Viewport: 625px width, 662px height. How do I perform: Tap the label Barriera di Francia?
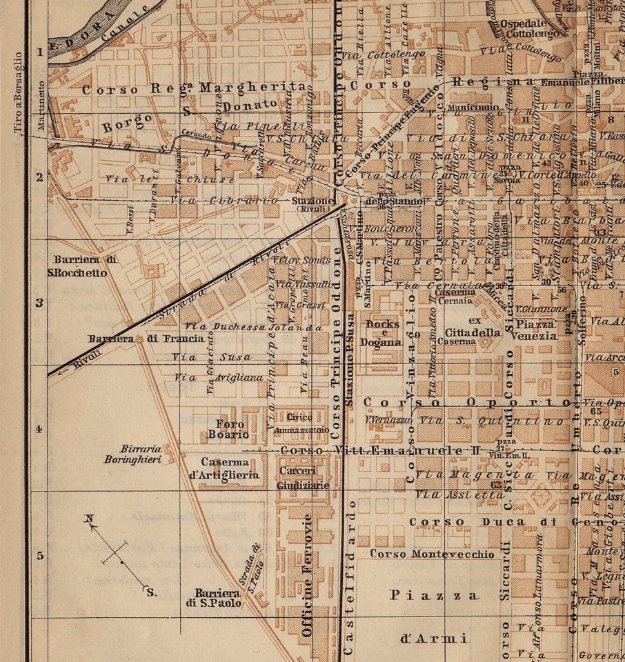click(146, 339)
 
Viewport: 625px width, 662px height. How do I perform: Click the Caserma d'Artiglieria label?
click(230, 468)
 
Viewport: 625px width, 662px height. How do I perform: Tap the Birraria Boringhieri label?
click(134, 453)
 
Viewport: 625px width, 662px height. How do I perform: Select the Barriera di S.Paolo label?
click(217, 598)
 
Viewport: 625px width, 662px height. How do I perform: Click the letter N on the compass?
click(89, 519)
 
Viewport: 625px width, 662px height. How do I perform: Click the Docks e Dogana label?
click(384, 332)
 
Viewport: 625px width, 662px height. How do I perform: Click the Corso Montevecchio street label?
click(432, 554)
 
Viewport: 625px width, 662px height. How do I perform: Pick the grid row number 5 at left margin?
click(39, 556)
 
